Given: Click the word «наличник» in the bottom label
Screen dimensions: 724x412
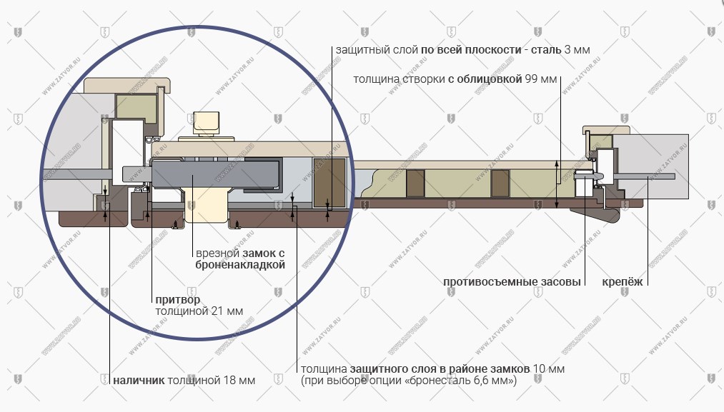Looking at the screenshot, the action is [139, 381].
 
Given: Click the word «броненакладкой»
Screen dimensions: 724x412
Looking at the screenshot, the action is [240, 265].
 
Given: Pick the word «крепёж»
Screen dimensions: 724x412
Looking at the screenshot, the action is [622, 282].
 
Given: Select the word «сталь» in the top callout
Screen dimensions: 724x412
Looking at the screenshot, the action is [546, 50].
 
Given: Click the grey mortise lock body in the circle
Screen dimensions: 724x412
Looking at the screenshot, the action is [215, 174].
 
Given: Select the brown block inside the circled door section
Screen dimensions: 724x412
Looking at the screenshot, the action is [329, 182].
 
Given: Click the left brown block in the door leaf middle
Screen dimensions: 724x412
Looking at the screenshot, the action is [415, 183].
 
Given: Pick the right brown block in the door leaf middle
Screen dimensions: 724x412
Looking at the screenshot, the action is [500, 183].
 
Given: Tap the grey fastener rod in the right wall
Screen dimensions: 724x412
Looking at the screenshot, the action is [645, 176].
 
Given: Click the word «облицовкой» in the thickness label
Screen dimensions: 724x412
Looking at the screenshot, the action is [489, 79].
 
